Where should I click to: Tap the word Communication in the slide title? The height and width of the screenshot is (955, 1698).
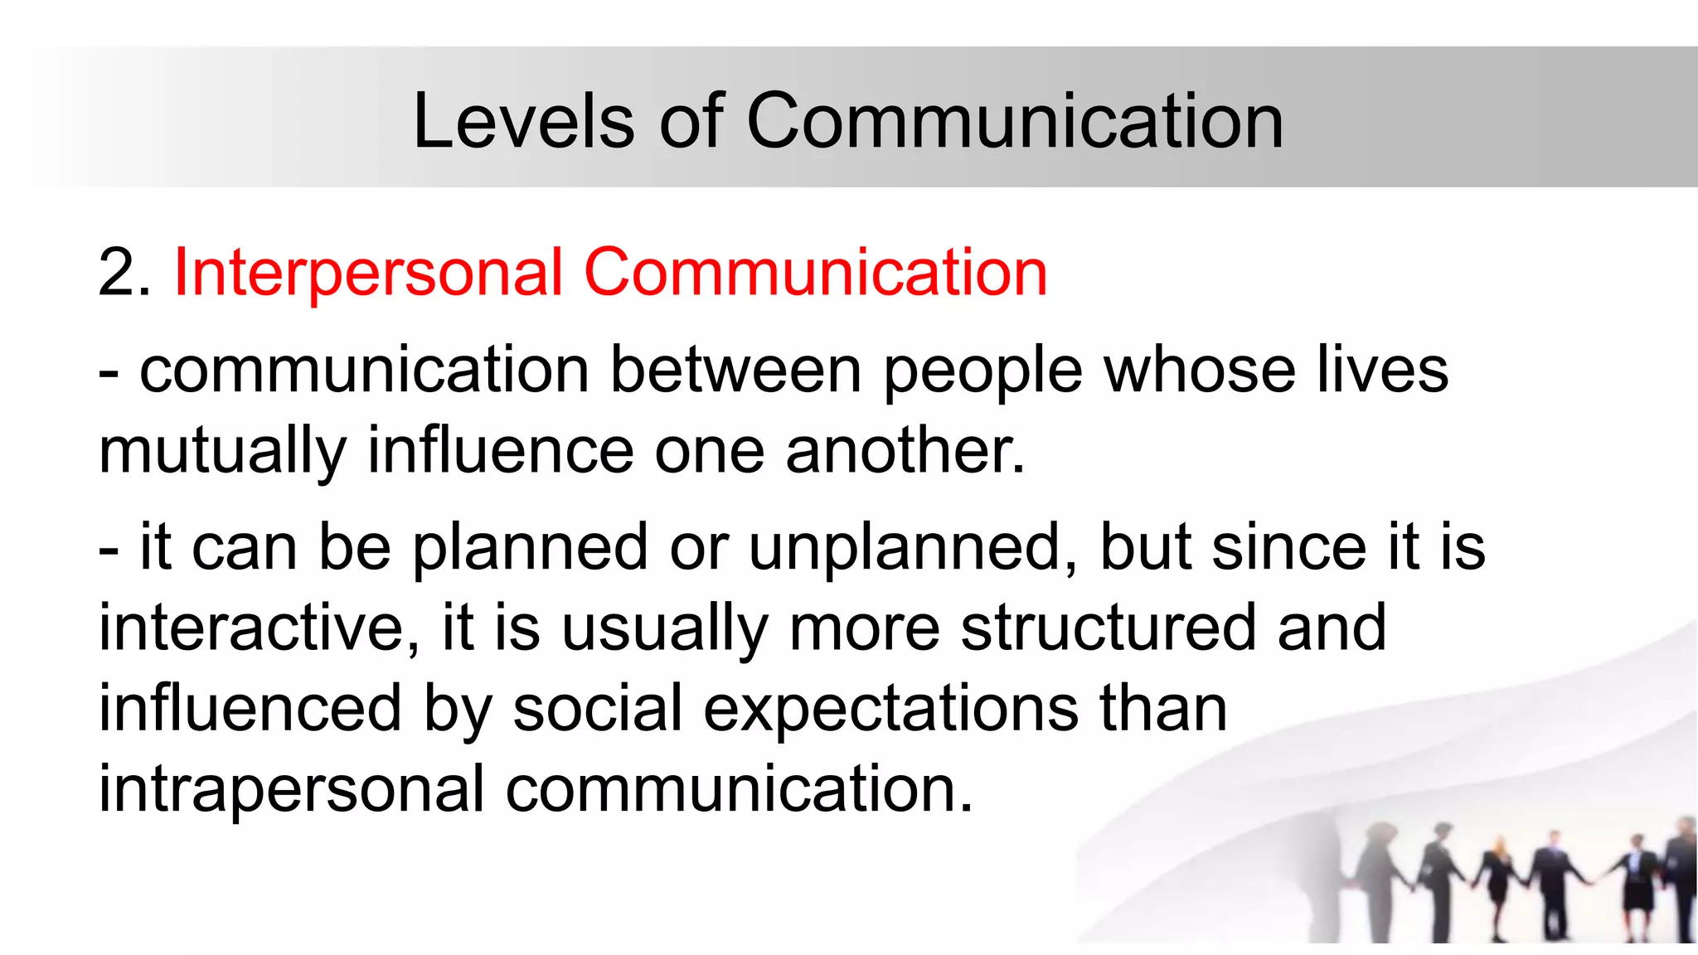click(x=1015, y=121)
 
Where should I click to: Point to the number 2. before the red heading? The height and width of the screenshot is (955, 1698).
click(x=124, y=274)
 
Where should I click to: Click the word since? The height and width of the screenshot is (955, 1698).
click(x=1288, y=547)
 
